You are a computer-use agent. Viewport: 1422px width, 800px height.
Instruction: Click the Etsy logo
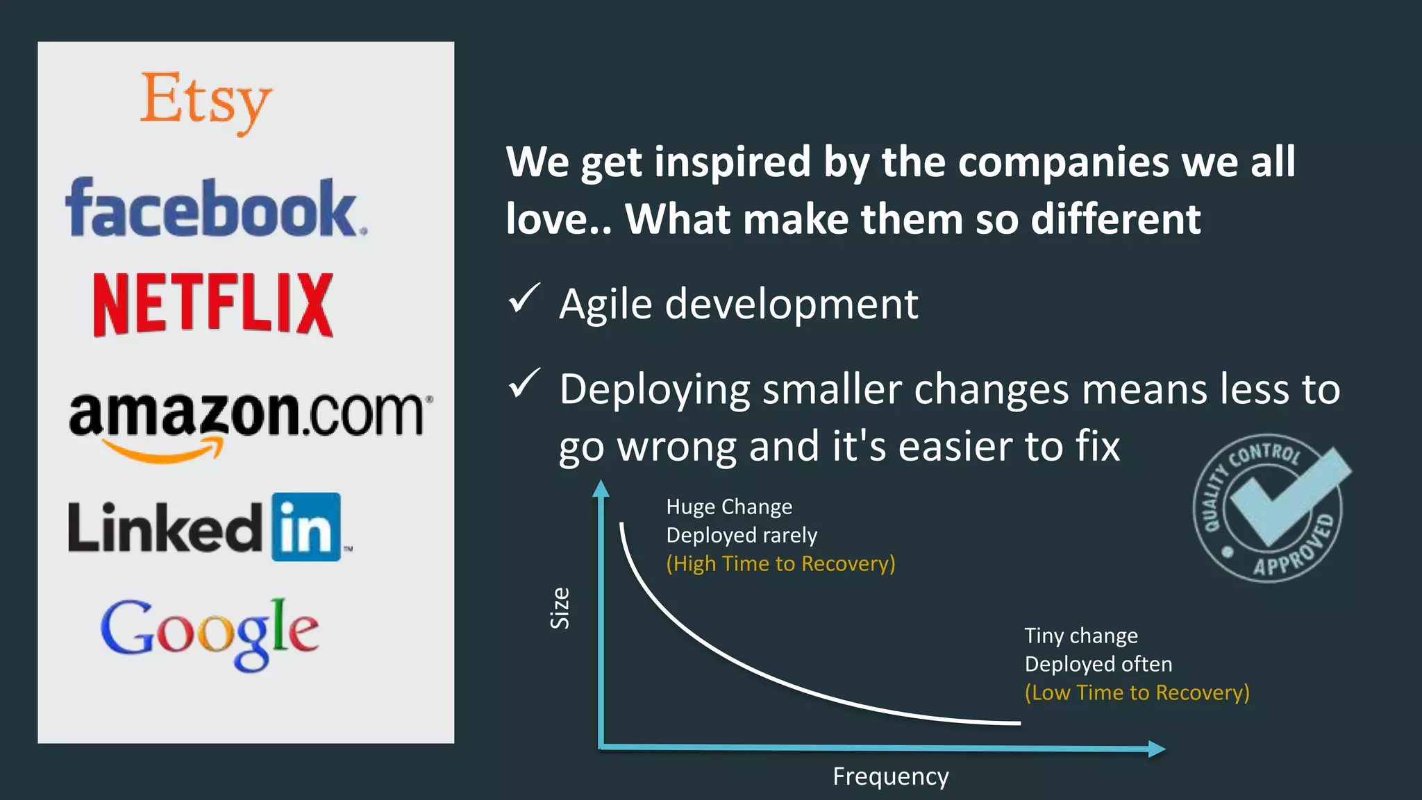pyautogui.click(x=206, y=101)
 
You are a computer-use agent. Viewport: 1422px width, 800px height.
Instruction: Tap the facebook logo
pyautogui.click(x=215, y=208)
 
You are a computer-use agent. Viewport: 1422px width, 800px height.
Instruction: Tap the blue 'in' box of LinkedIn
pyautogui.click(x=306, y=527)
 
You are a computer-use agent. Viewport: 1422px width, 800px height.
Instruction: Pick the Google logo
pyautogui.click(x=210, y=633)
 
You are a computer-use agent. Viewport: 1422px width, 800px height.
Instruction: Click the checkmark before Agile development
pyautogui.click(x=524, y=299)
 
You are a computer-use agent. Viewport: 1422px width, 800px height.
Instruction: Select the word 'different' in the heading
pyautogui.click(x=1115, y=219)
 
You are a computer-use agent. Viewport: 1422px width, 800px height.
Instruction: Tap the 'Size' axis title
pyautogui.click(x=560, y=608)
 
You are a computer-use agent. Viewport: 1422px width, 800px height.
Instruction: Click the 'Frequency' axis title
pyautogui.click(x=890, y=776)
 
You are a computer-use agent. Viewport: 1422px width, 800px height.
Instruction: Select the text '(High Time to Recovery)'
pyautogui.click(x=780, y=563)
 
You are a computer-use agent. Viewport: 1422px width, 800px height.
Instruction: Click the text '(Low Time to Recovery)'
pyautogui.click(x=1137, y=692)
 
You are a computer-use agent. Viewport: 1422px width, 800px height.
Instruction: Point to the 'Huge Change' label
pyautogui.click(x=729, y=507)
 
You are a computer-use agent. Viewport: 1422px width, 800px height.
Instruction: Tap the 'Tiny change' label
pyautogui.click(x=1081, y=636)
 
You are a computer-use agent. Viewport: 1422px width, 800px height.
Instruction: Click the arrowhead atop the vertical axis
pyautogui.click(x=601, y=488)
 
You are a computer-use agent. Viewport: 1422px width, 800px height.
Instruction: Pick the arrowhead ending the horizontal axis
pyautogui.click(x=1156, y=749)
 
